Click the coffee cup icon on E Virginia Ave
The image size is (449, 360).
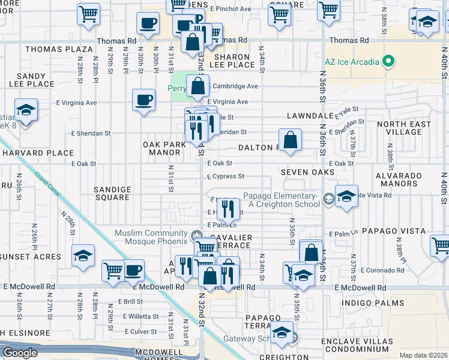pyautogui.click(x=143, y=100)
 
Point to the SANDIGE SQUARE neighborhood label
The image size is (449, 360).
pyautogui.click(x=112, y=193)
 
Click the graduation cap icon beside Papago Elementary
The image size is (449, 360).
pyautogui.click(x=346, y=196)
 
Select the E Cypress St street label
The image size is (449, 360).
pyautogui.click(x=226, y=176)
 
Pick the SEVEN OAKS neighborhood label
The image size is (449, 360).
pyautogui.click(x=307, y=173)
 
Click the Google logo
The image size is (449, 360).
pyautogui.click(x=20, y=353)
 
